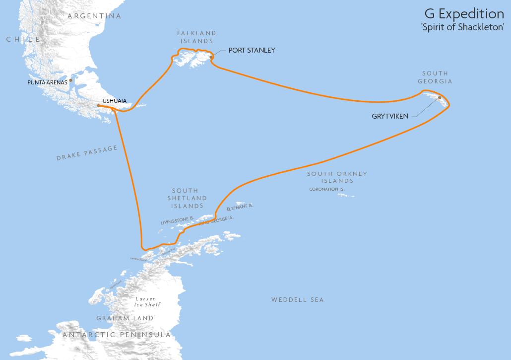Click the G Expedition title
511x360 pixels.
point(464,13)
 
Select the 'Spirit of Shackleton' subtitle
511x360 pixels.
point(462,27)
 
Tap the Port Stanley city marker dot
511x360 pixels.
point(211,57)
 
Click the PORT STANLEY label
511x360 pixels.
point(252,51)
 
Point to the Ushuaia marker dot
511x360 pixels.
point(99,105)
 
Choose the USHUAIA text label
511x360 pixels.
point(114,101)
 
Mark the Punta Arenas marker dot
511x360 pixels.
point(71,80)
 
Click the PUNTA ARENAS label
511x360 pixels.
point(47,82)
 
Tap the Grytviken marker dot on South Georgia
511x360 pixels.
point(440,98)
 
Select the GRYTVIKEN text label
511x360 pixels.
point(390,116)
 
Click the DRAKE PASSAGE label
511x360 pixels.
point(87,153)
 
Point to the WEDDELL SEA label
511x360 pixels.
point(297,300)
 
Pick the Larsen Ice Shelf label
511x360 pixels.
point(148,302)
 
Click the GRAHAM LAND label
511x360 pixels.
point(125,318)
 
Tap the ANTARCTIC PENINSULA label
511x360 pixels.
point(117,335)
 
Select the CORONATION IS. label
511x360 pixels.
point(326,189)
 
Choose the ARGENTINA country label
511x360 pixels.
point(94,16)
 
